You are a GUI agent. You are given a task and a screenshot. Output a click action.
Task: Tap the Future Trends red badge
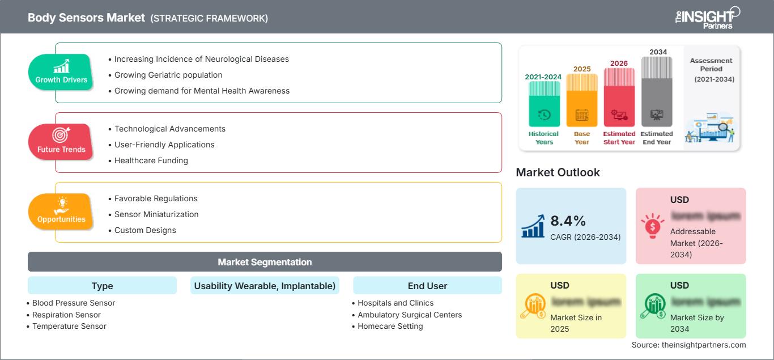pyautogui.click(x=61, y=142)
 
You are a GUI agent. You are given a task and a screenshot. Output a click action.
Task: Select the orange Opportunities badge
pyautogui.click(x=61, y=212)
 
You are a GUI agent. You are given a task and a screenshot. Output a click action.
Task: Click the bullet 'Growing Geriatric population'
pyautogui.click(x=168, y=75)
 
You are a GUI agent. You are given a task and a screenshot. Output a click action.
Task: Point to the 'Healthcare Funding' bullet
pyautogui.click(x=151, y=160)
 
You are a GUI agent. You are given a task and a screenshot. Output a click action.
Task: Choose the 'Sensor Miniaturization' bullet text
pyautogui.click(x=156, y=214)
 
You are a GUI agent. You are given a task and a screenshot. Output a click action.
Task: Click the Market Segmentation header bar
pyautogui.click(x=265, y=262)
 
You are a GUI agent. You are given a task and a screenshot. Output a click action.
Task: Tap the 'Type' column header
pyautogui.click(x=102, y=286)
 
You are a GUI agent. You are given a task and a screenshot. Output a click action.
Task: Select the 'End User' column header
pyautogui.click(x=427, y=286)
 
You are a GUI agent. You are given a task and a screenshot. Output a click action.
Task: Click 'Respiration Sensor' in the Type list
pyautogui.click(x=66, y=315)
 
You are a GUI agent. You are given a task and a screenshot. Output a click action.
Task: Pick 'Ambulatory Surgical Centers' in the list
pyautogui.click(x=410, y=315)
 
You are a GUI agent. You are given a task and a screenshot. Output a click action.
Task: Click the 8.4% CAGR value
pyautogui.click(x=569, y=221)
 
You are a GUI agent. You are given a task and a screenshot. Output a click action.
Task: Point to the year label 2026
pyautogui.click(x=619, y=63)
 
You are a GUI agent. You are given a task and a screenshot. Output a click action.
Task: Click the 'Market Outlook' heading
pyautogui.click(x=558, y=172)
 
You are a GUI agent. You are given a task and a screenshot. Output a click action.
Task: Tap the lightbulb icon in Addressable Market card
pyautogui.click(x=652, y=226)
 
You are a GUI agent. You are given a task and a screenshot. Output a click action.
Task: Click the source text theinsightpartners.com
pyautogui.click(x=689, y=345)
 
